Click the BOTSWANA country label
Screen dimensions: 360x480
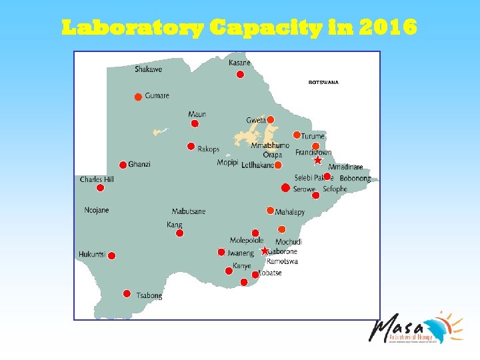tap(323, 83)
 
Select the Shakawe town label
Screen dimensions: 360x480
tap(148, 69)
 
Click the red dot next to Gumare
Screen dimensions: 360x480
tap(138, 97)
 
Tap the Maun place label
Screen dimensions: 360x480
tap(197, 114)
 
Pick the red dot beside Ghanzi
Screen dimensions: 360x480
tap(123, 165)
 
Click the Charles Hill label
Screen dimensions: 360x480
tap(97, 179)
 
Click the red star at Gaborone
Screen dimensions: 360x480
tap(265, 251)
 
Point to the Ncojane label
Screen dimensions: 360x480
tap(97, 210)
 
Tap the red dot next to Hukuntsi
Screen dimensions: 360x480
tap(111, 255)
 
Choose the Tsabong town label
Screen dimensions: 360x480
tap(149, 295)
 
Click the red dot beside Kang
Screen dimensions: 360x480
tap(179, 233)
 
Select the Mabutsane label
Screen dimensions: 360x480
tap(189, 211)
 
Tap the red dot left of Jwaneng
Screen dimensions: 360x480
tap(221, 252)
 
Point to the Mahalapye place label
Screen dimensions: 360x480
tap(289, 212)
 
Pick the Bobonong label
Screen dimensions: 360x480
tap(355, 179)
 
